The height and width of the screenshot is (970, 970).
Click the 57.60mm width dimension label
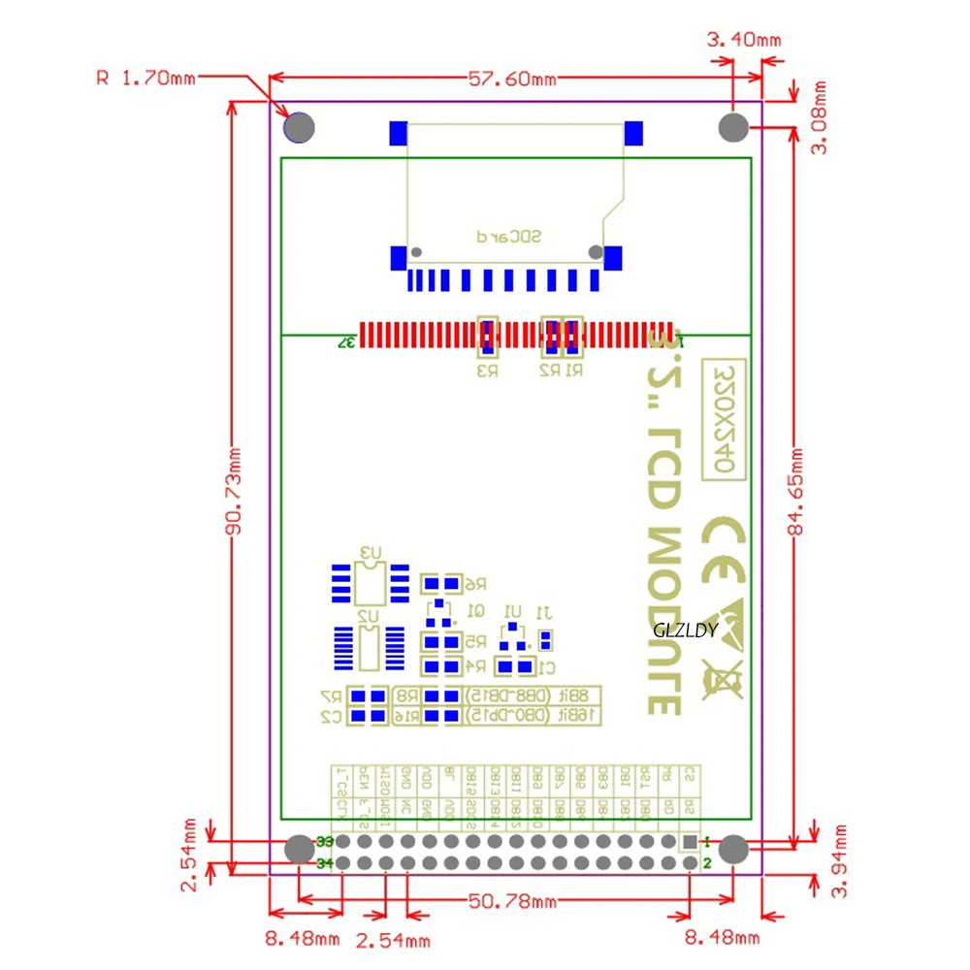tap(513, 79)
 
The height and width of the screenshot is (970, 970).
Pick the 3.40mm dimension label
tap(744, 41)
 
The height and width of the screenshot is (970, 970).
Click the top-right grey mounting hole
tap(733, 127)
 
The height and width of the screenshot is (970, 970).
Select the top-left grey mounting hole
tap(299, 127)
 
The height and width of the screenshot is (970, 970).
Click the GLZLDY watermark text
tap(685, 630)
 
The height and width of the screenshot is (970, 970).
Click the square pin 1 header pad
tap(688, 842)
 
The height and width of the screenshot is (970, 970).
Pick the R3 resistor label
tap(487, 370)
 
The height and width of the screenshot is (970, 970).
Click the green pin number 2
tap(707, 863)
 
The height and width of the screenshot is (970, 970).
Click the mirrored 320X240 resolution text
tap(722, 420)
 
